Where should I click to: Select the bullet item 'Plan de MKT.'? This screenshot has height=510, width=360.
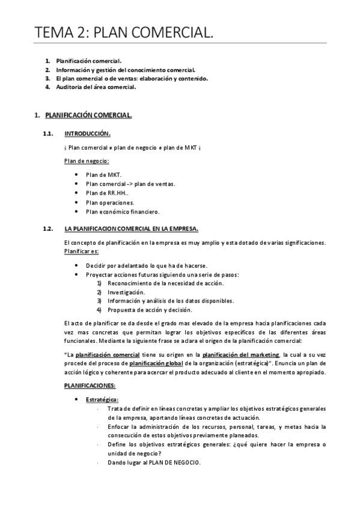pos(103,174)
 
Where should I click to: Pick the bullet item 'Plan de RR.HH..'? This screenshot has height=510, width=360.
pos(108,192)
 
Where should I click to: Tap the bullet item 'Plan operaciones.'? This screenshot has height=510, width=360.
pos(110,202)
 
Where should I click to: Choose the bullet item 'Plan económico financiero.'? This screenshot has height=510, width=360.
pos(123,212)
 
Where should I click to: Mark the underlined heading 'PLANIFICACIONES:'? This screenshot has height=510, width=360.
pos(90,385)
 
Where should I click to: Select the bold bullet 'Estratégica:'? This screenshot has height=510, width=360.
pos(102,399)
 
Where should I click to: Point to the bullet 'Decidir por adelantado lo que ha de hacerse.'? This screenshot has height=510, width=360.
pos(147,265)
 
